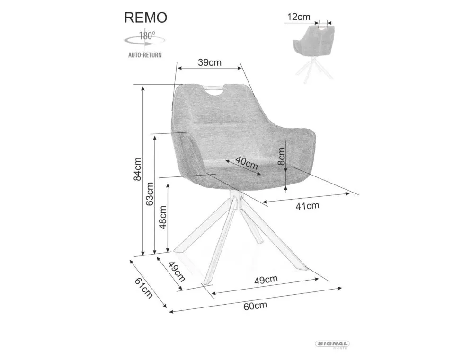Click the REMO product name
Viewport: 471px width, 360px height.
coord(145,18)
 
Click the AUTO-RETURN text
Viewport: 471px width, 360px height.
coord(145,55)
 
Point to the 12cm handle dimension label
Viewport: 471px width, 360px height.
coord(298,17)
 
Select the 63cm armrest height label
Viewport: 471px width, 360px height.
coord(150,193)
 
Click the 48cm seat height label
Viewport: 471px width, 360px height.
coord(163,217)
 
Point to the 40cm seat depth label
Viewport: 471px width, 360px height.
coord(246,164)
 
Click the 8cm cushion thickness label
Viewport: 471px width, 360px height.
coord(282,155)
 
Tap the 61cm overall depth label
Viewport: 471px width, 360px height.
coord(143,288)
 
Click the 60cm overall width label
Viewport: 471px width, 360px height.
coord(255,305)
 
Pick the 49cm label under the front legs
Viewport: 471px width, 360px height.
coord(266,280)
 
